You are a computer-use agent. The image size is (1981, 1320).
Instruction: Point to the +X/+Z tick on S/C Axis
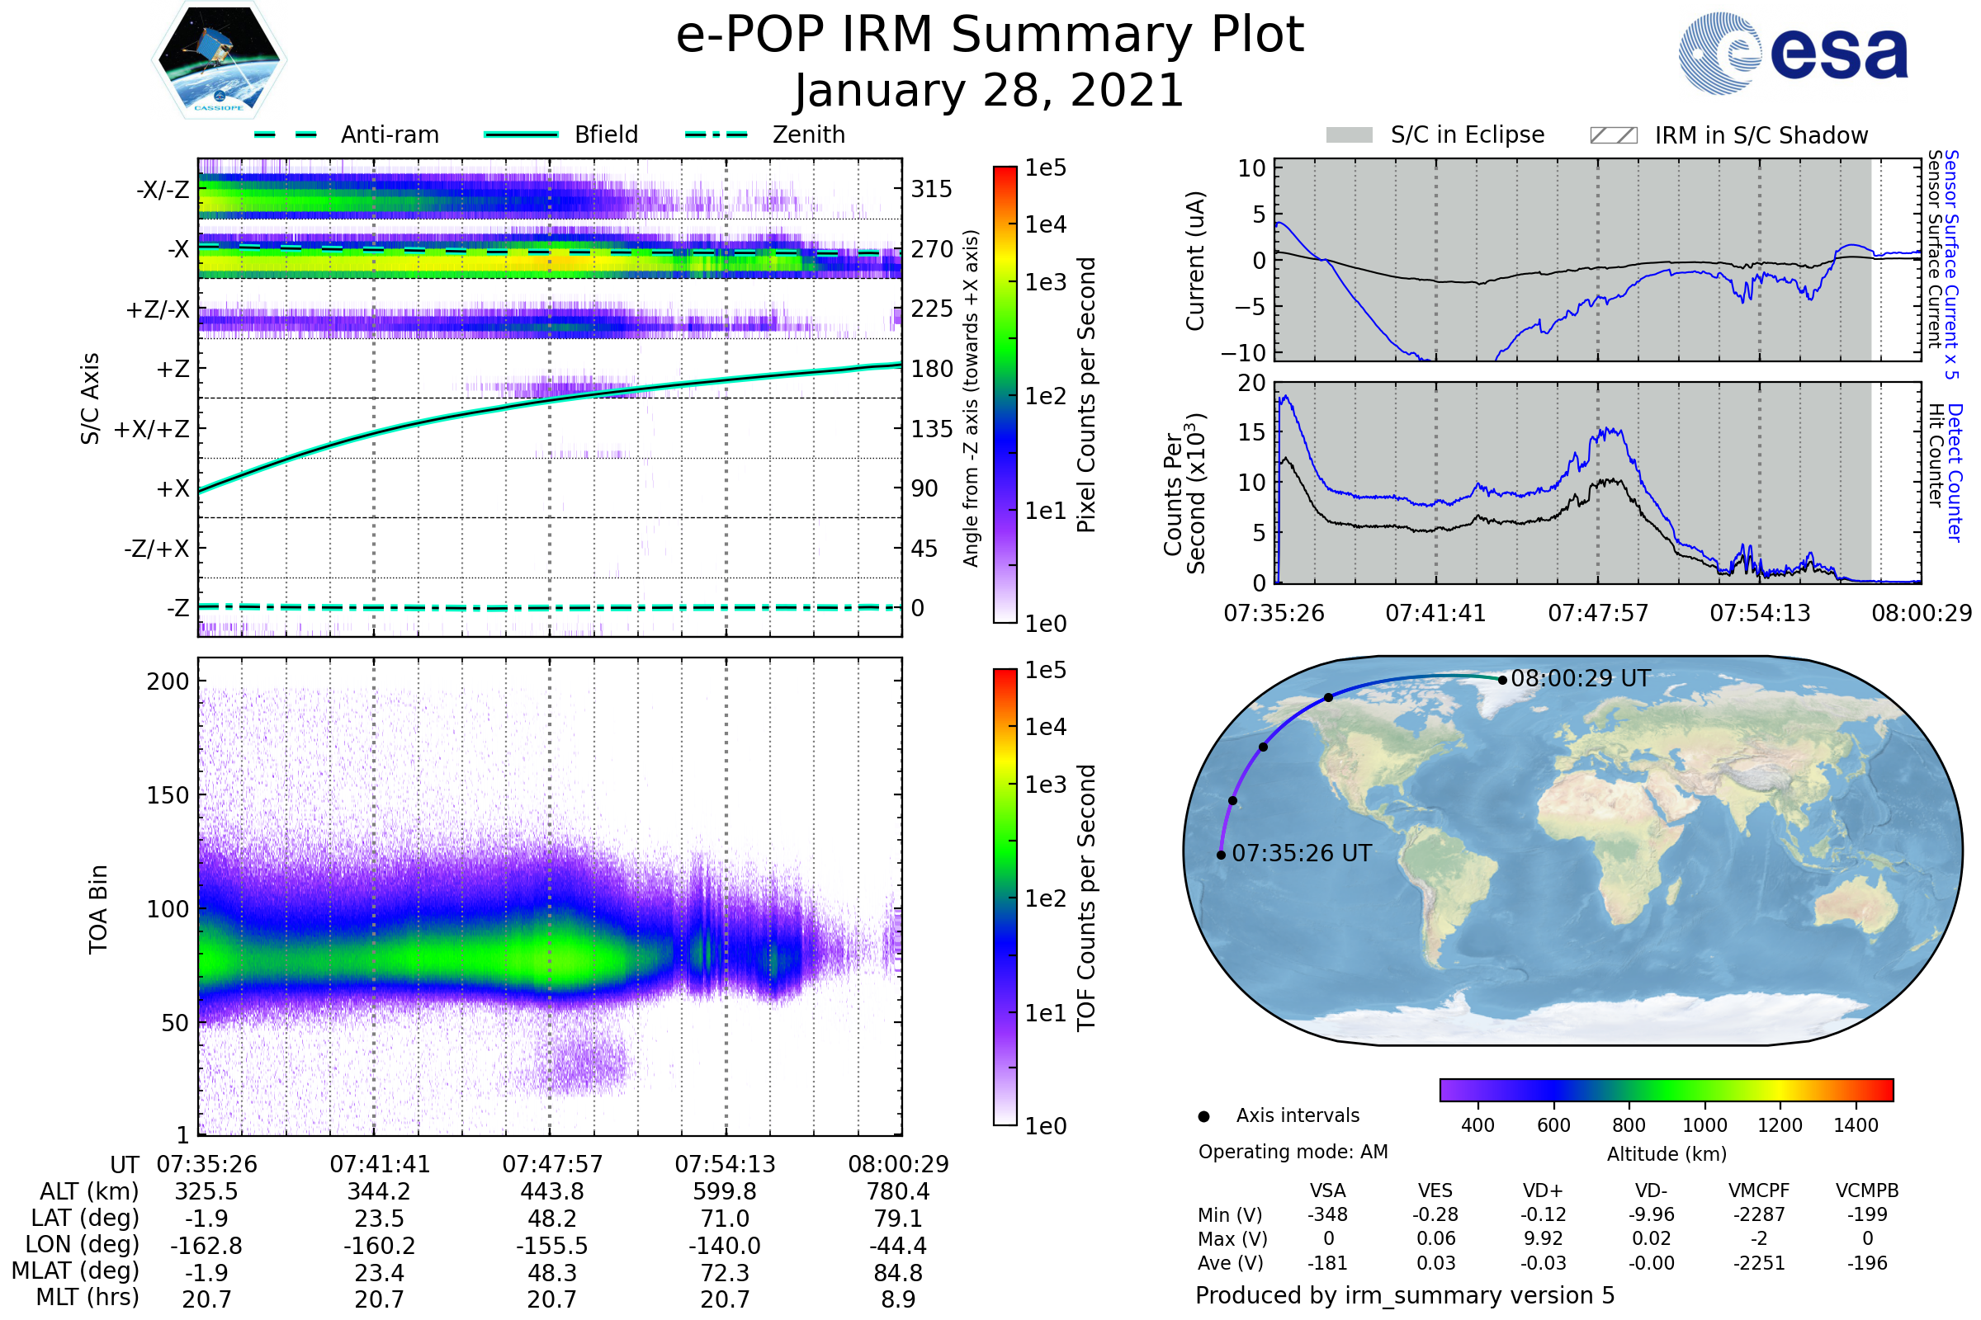click(x=152, y=429)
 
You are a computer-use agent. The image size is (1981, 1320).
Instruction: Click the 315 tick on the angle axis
click(x=931, y=190)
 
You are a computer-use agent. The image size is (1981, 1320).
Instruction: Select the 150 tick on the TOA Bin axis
click(x=168, y=795)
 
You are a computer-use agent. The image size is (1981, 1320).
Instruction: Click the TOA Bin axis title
click(x=98, y=909)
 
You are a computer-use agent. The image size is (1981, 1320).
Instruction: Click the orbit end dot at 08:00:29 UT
click(x=1501, y=680)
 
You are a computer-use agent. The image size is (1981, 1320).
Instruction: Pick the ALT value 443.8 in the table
click(x=551, y=1192)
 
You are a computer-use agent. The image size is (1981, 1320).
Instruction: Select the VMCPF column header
click(x=1759, y=1191)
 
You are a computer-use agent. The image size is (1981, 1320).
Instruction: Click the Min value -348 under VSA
click(x=1327, y=1214)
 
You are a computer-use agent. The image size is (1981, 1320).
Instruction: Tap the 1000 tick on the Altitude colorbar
click(x=1704, y=1125)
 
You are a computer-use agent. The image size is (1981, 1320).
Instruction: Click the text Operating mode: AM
click(x=1293, y=1152)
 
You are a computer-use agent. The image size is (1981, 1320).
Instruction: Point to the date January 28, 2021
click(x=990, y=91)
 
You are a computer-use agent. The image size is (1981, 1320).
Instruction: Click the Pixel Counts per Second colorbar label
click(x=1086, y=395)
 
